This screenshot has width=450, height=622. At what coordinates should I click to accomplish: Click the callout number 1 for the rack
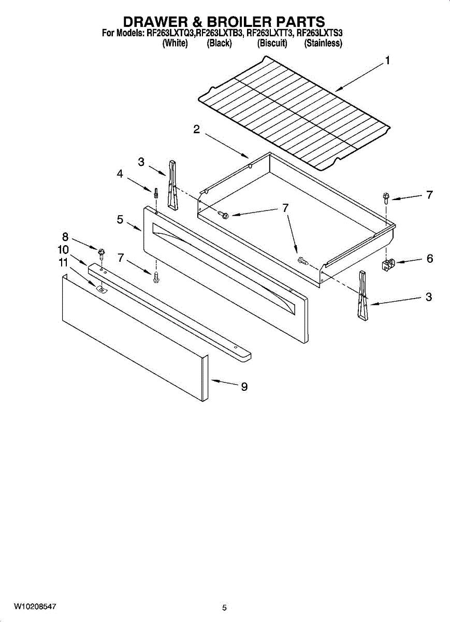coord(387,61)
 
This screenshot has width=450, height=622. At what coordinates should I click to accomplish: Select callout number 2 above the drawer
coord(197,130)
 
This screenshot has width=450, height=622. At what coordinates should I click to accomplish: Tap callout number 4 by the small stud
coord(120,174)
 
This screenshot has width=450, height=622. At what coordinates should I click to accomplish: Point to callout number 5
coord(120,219)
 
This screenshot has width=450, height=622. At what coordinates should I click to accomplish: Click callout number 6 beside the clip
coord(430,259)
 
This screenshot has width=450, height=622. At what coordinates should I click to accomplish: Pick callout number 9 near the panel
coord(244,387)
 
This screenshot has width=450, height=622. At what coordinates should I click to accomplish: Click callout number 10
coord(63,249)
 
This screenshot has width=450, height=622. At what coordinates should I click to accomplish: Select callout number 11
coord(63,263)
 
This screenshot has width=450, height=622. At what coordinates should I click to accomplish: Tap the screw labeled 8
coord(101,253)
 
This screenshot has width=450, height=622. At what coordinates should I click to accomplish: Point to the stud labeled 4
coord(155,194)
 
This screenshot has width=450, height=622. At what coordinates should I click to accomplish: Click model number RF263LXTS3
coord(320,33)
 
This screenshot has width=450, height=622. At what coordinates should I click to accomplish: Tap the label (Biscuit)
coord(272,44)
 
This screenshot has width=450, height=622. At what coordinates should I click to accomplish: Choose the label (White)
coord(175,44)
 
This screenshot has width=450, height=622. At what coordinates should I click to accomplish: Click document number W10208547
coord(35,606)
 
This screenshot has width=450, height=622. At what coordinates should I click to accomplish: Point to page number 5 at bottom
coord(224,608)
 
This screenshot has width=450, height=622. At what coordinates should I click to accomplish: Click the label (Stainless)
coord(323,44)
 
